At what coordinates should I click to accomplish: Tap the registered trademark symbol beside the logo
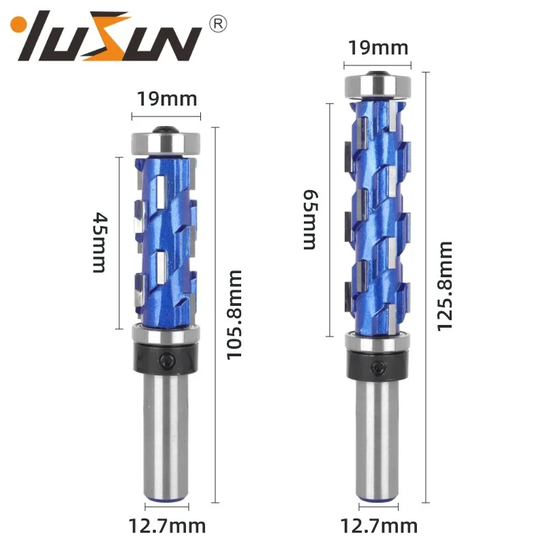(x=219, y=25)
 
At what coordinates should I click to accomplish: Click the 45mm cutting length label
(x=100, y=242)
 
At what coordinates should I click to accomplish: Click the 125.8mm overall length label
(x=444, y=286)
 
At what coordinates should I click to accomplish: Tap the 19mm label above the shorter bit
(x=167, y=99)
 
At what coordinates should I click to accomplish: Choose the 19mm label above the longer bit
(x=378, y=48)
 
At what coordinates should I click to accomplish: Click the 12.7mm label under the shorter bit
(x=168, y=526)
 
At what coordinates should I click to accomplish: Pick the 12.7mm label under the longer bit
(x=379, y=526)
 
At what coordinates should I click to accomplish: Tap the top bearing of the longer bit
(x=377, y=85)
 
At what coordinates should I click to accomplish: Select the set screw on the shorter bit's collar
(x=167, y=359)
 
